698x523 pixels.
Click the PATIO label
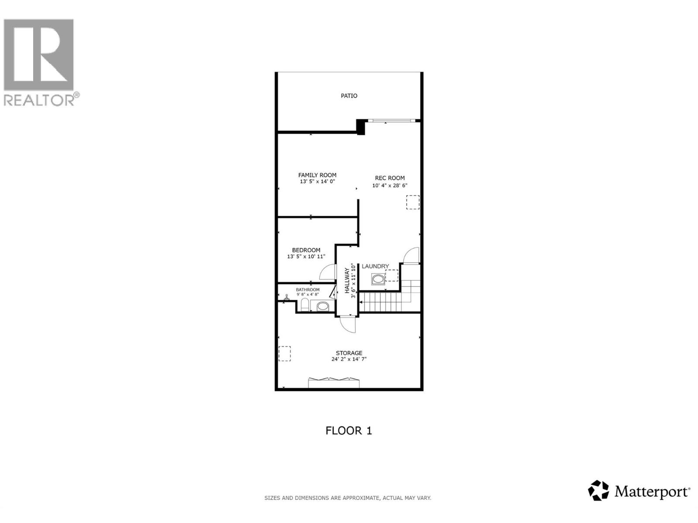[x=349, y=95]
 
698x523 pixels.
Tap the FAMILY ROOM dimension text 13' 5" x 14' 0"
[x=317, y=181]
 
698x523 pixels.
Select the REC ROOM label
[x=390, y=178]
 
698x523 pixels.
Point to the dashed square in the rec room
[x=413, y=202]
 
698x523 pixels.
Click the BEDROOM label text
[x=306, y=250]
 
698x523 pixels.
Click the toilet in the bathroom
[x=305, y=305]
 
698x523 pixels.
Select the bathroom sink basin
[x=323, y=306]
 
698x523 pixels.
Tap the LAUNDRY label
[x=375, y=266]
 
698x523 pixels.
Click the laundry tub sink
[x=378, y=279]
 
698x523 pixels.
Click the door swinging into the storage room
[x=348, y=325]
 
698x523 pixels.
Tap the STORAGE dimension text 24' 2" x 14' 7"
[x=349, y=359]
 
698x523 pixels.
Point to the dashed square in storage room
[x=284, y=353]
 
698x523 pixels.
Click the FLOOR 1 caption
[x=349, y=431]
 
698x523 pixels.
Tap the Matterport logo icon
[x=598, y=490]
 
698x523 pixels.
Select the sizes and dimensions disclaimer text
[x=348, y=498]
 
